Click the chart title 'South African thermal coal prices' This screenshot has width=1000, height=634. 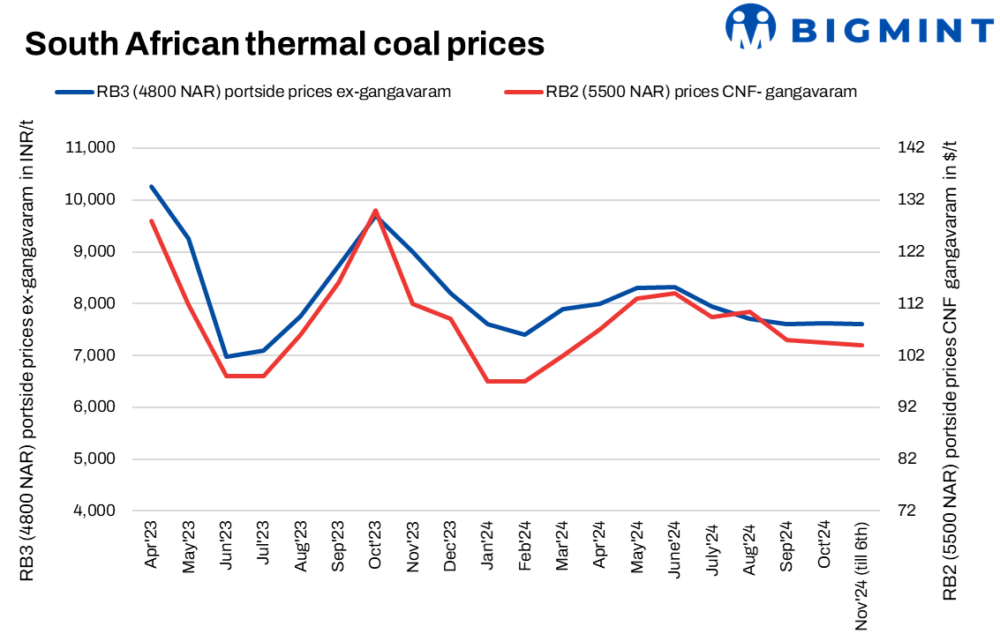click(x=284, y=42)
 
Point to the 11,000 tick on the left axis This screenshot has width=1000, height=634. click(x=91, y=147)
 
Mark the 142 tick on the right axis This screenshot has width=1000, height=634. click(x=909, y=147)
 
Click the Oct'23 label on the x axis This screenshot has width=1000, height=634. click(x=375, y=548)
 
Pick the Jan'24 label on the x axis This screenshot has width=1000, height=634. click(x=487, y=548)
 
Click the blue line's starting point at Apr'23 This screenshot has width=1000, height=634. click(x=152, y=186)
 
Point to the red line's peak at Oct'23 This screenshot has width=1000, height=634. click(x=376, y=211)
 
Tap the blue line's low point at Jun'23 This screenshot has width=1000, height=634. click(x=226, y=356)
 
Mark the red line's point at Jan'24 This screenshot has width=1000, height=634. click(x=488, y=381)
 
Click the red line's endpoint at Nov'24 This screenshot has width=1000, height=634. click(x=861, y=345)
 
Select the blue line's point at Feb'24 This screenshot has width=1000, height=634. click(x=525, y=334)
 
